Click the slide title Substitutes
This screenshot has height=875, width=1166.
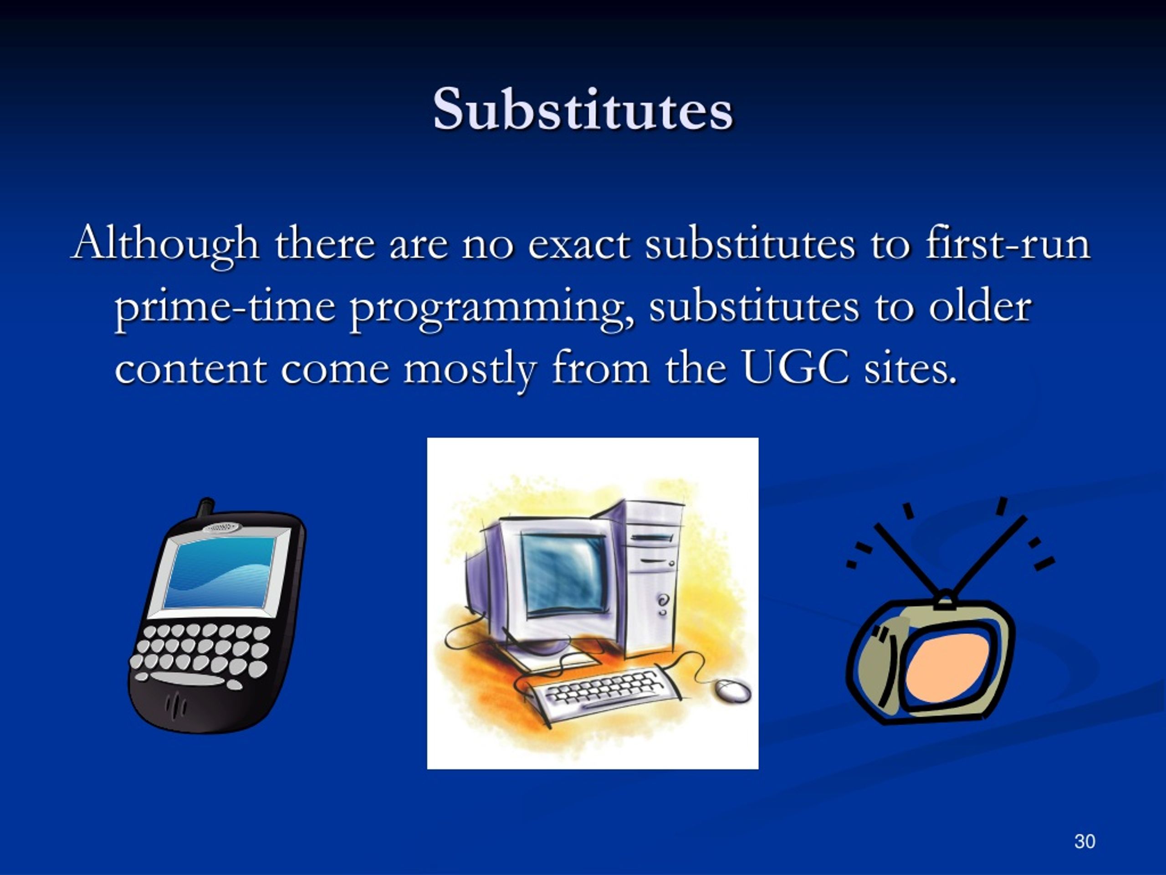pos(583,109)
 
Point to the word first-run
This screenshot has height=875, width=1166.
pos(1007,242)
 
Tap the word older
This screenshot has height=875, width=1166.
pos(979,306)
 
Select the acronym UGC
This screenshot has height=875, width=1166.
pos(796,367)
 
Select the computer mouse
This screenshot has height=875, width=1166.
pos(733,690)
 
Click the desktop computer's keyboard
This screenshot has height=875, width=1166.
pos(601,691)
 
